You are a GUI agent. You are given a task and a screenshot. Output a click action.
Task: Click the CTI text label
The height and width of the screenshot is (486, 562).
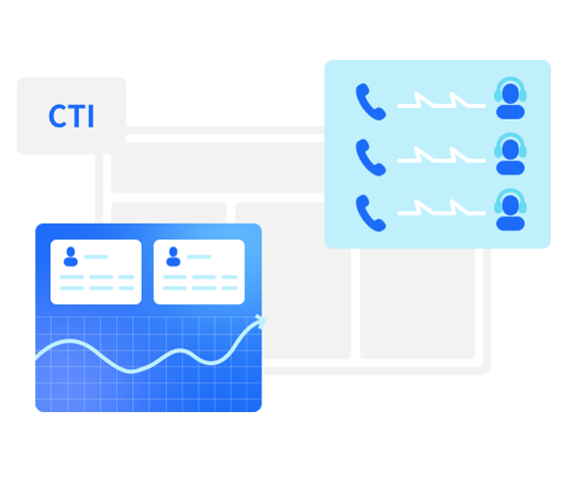point(71,116)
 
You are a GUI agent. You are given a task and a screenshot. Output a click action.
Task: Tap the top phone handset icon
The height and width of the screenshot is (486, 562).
point(370,102)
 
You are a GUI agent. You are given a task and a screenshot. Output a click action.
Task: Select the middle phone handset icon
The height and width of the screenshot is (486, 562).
point(370,158)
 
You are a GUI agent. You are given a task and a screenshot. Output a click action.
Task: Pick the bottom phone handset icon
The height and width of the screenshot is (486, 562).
point(370,214)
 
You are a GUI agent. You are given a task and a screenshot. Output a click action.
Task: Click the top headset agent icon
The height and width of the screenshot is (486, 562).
point(510,98)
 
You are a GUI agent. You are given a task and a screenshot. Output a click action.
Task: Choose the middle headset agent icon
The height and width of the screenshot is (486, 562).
point(510,154)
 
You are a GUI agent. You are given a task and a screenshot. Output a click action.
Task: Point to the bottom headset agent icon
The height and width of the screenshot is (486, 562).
point(510,209)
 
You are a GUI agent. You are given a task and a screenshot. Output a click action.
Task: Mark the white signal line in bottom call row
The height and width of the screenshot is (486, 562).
point(441,213)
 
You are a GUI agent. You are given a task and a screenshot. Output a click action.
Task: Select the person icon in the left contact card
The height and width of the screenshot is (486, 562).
point(71,256)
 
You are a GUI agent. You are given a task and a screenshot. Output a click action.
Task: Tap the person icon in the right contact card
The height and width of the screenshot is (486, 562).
point(174,256)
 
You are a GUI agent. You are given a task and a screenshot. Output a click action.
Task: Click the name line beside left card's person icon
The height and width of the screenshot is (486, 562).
point(96,256)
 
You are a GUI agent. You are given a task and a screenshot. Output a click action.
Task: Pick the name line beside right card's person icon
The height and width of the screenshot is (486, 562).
point(200,256)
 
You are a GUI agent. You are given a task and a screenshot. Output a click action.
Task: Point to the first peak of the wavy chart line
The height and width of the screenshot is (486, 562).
point(70,341)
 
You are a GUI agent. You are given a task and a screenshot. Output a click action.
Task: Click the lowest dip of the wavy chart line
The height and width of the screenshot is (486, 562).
point(132,371)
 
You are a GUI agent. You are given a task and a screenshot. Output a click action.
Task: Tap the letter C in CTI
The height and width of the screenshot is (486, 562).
point(57,116)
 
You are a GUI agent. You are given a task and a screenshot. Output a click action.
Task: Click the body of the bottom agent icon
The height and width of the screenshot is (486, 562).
point(510,224)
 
